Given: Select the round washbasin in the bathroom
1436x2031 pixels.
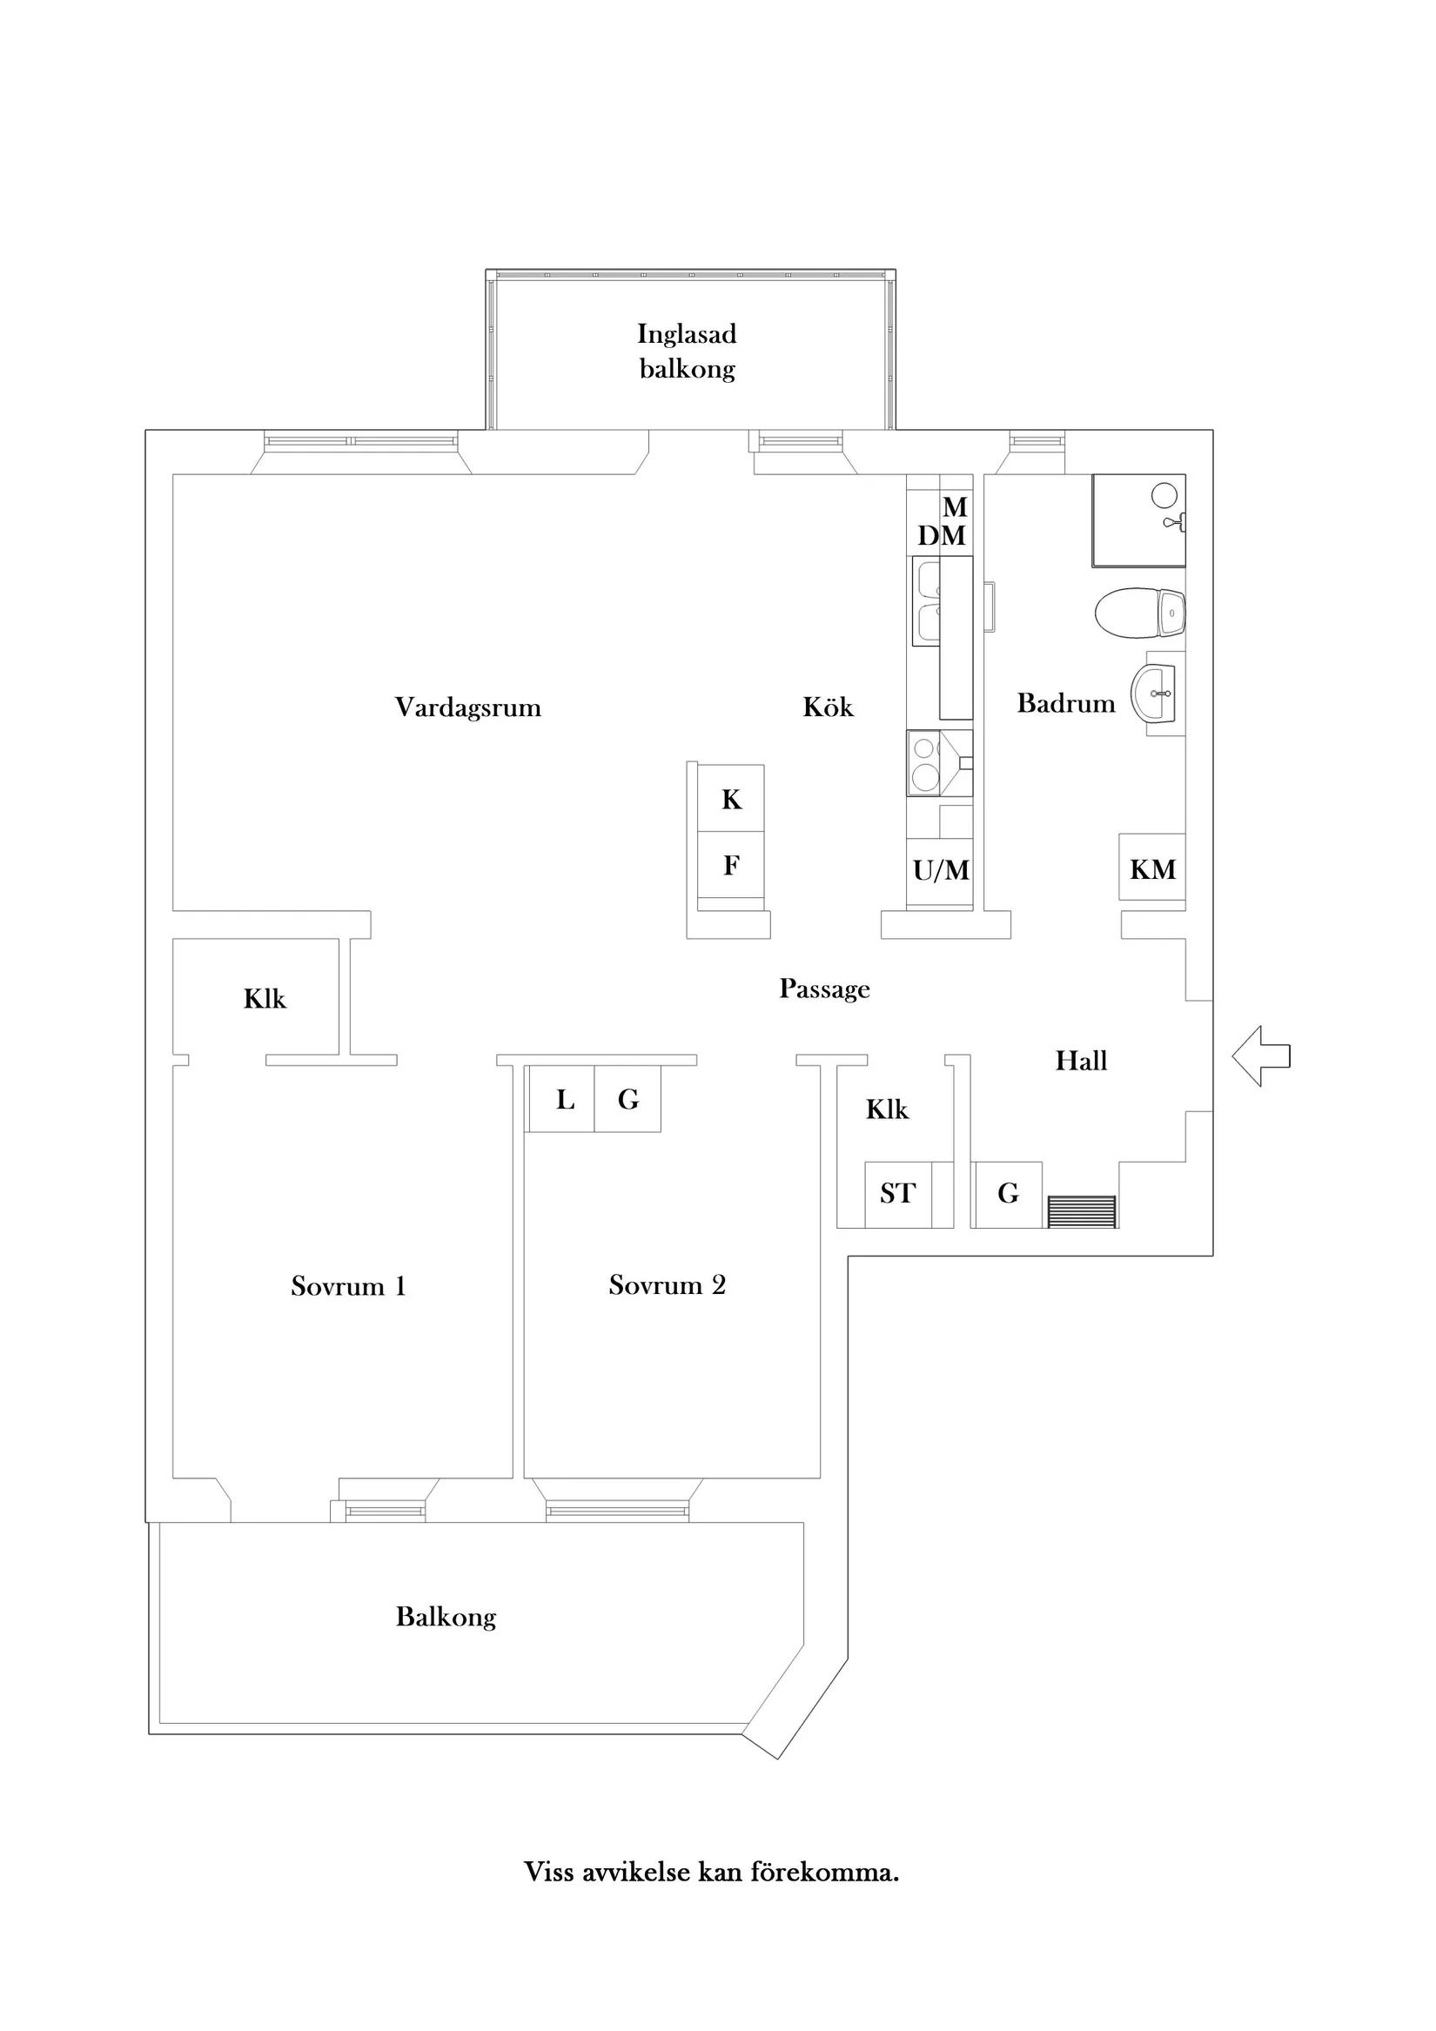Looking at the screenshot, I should pyautogui.click(x=1154, y=694).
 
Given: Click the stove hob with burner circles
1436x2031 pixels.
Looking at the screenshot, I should pyautogui.click(x=925, y=762).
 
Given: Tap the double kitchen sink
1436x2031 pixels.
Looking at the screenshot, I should pyautogui.click(x=926, y=600).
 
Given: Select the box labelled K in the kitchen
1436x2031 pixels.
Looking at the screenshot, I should pyautogui.click(x=731, y=799).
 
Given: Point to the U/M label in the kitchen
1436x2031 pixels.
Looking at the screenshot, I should pyautogui.click(x=941, y=870).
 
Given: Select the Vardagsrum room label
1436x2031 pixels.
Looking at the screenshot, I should pyautogui.click(x=467, y=707).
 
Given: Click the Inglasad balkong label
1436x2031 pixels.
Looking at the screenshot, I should pyautogui.click(x=687, y=351).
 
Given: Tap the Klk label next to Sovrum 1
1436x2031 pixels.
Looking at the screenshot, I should pyautogui.click(x=265, y=999).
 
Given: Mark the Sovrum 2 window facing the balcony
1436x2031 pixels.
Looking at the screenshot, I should pyautogui.click(x=617, y=1511).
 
